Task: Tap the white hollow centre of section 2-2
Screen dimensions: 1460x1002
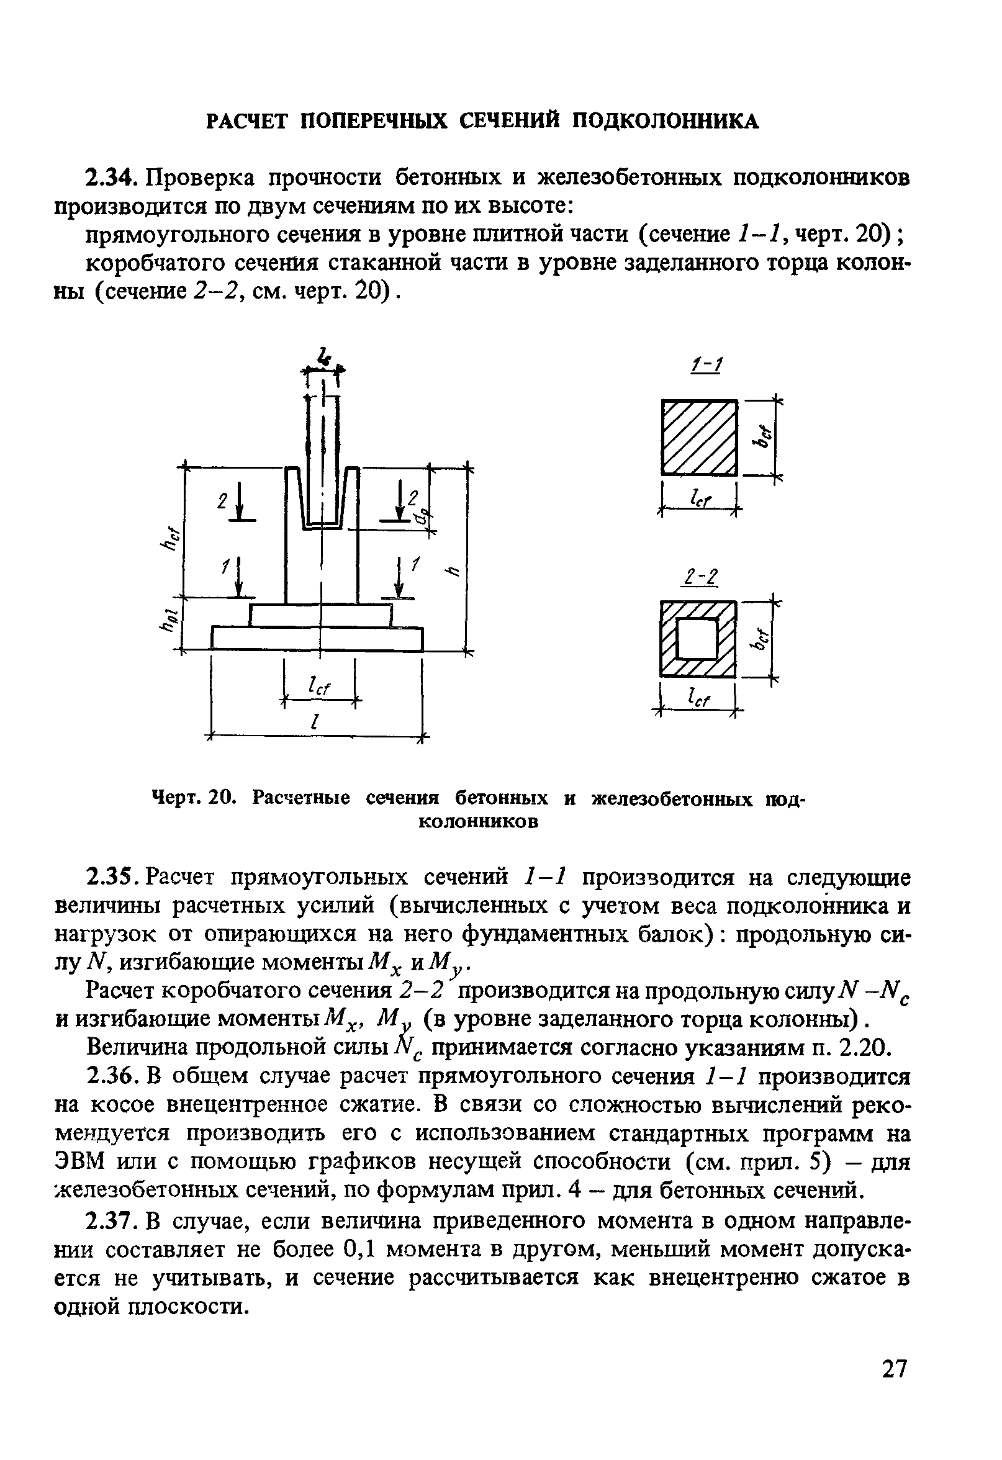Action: [x=697, y=638]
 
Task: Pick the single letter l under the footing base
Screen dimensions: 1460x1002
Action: [x=314, y=722]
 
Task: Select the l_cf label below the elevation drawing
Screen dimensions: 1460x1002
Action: [x=319, y=687]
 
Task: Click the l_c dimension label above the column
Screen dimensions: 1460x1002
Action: [x=324, y=357]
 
